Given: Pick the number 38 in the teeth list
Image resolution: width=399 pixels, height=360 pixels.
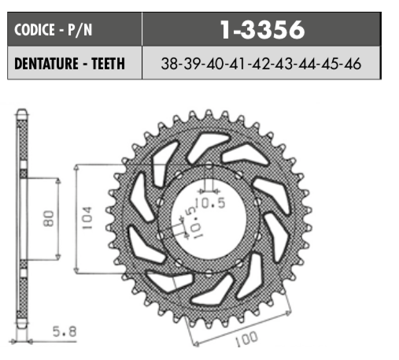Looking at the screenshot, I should click(x=168, y=65).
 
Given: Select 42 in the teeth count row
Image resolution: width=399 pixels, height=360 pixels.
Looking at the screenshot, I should click(x=261, y=65).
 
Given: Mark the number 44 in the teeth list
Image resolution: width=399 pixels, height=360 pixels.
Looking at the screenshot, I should click(x=308, y=65).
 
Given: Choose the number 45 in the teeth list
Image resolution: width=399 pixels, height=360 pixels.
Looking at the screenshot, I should click(x=331, y=65).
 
